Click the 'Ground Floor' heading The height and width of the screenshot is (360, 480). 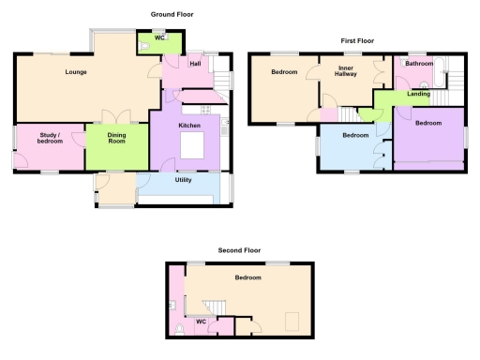click(172, 15)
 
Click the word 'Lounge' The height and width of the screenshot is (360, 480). click(76, 72)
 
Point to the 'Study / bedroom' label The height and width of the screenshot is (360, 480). click(49, 140)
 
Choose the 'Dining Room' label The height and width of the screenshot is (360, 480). click(117, 138)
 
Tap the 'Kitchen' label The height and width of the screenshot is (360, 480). click(190, 125)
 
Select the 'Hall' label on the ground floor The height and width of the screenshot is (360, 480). click(195, 64)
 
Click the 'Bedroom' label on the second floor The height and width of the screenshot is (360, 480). click(247, 278)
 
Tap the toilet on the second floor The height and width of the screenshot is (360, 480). click(180, 328)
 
